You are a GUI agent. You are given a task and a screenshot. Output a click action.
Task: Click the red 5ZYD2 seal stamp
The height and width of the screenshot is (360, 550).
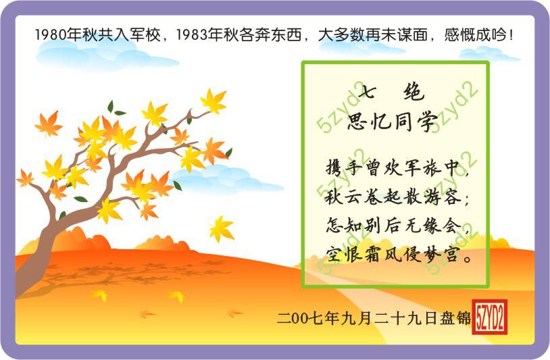point(490,317)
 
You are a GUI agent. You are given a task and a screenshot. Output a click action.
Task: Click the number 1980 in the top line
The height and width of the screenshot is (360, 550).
point(51,35)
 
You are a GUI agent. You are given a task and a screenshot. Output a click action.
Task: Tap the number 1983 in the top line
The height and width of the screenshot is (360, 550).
point(192,35)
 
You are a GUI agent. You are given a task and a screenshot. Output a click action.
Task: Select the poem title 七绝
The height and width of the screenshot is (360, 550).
point(391,93)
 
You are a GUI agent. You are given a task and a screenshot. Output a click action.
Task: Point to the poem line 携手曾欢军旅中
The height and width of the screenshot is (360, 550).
point(393,168)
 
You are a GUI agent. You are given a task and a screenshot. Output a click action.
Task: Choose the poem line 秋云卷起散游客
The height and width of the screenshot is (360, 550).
point(393,197)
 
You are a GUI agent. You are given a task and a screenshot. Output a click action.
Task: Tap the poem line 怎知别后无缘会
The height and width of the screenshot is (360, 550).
point(393,225)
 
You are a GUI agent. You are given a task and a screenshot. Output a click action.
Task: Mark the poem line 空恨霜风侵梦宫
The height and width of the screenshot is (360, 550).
point(392,254)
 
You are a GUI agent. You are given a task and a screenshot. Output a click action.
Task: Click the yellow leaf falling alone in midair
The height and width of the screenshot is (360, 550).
point(222,228)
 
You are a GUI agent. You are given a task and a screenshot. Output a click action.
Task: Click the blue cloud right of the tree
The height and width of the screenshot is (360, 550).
point(227,179)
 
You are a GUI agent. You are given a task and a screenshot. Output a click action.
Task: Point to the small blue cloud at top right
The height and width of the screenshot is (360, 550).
point(489,54)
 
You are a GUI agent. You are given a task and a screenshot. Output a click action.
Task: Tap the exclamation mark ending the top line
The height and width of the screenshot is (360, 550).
point(511,35)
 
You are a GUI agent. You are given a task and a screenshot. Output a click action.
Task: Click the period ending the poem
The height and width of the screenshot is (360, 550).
point(467,259)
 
